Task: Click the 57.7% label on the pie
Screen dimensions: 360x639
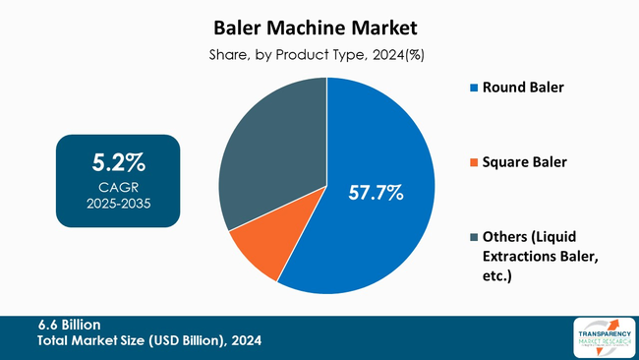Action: click(377, 193)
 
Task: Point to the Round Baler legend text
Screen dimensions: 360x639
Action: click(522, 88)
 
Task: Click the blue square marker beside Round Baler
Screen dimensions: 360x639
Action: click(473, 89)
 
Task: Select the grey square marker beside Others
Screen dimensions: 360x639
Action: click(473, 237)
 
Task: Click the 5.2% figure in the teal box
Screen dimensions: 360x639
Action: click(118, 161)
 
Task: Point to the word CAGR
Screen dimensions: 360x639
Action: click(118, 187)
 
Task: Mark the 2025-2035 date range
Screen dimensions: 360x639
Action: click(118, 204)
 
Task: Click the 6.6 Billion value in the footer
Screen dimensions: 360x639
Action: click(70, 324)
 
